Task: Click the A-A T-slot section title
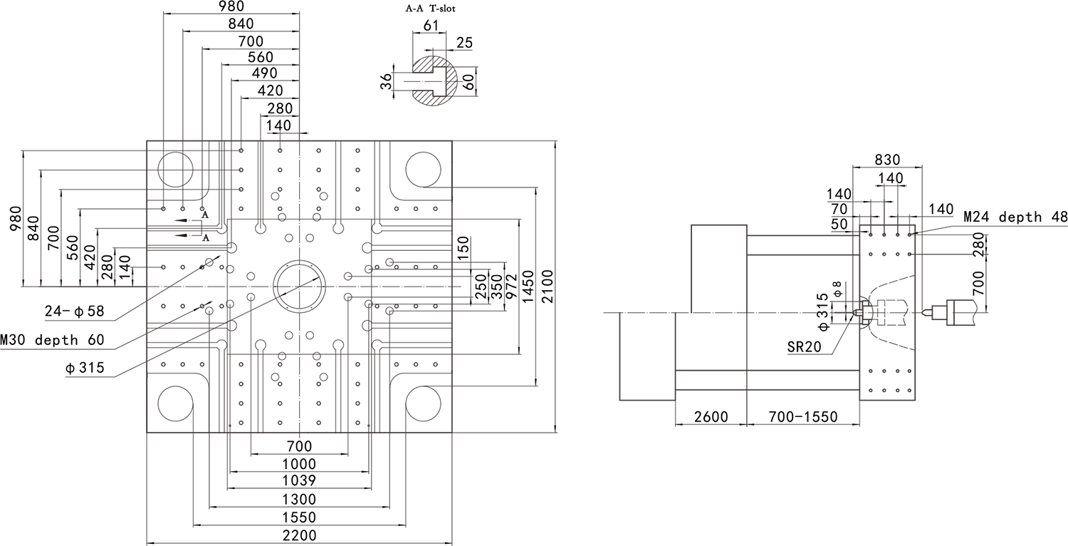[x=430, y=9]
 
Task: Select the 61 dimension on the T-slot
[x=431, y=26]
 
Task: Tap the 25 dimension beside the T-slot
[x=464, y=43]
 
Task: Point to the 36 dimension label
[x=386, y=83]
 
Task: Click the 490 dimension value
[x=265, y=73]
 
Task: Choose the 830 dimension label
[x=887, y=160]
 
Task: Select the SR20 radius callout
[x=804, y=347]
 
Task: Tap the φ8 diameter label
[x=838, y=288]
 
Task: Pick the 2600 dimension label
[x=711, y=417]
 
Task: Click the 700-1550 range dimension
[x=803, y=417]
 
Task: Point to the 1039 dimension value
[x=300, y=480]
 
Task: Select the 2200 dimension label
[x=300, y=535]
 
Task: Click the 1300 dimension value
[x=300, y=499]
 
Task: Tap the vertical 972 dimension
[x=511, y=287]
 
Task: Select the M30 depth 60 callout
[x=57, y=339]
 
